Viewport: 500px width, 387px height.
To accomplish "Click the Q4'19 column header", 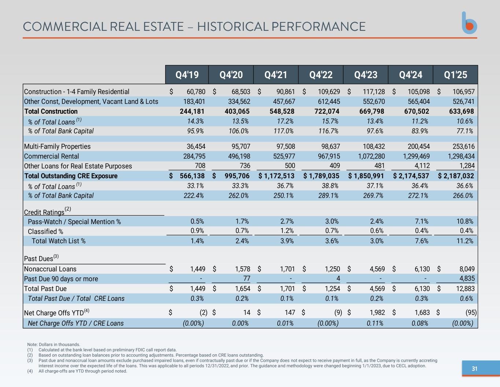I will click(x=187, y=75).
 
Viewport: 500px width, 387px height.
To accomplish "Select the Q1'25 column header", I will click(x=455, y=75).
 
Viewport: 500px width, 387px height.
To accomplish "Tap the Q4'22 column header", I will click(x=321, y=75).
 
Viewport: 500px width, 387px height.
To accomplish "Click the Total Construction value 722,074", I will click(x=327, y=112).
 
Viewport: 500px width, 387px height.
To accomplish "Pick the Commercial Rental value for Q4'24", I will click(x=416, y=156).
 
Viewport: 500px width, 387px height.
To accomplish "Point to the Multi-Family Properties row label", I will click(x=57, y=146).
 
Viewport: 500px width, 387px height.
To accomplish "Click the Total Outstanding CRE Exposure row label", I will click(x=71, y=176).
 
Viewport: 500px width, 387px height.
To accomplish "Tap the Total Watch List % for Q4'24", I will click(x=421, y=241).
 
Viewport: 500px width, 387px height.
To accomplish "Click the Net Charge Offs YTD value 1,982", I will click(x=377, y=313).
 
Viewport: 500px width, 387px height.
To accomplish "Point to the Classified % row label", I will click(x=45, y=231).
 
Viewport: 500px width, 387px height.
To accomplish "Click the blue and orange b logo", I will click(x=469, y=23).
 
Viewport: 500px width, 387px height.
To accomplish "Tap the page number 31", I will click(x=474, y=369).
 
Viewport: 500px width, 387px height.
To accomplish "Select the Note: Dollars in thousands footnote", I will click(x=53, y=344).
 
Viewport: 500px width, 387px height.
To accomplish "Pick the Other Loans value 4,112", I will click(x=422, y=166).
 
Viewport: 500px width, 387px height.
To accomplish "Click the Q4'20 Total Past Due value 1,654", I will click(x=242, y=289).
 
